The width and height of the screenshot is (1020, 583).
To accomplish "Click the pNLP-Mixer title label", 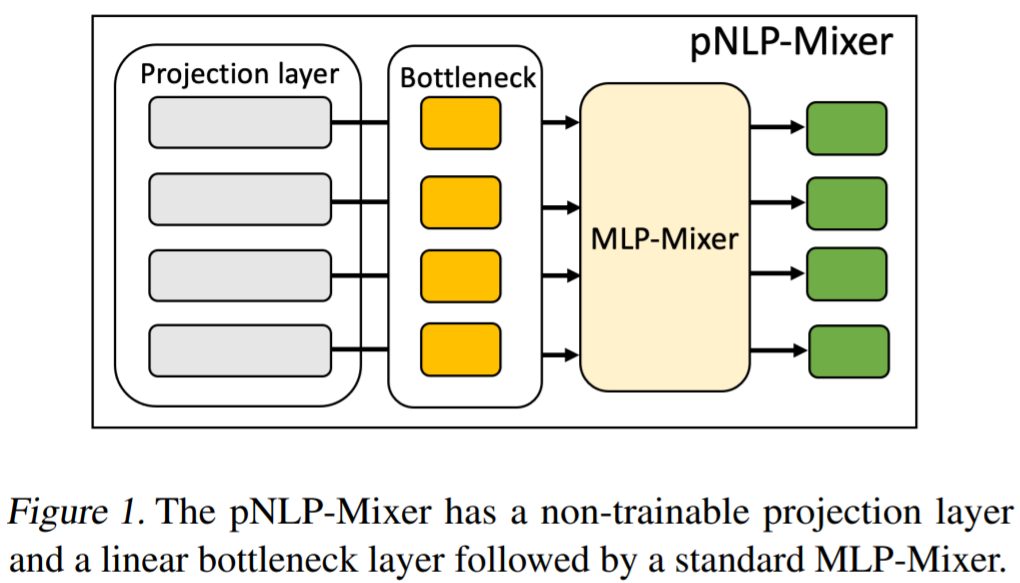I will [791, 44].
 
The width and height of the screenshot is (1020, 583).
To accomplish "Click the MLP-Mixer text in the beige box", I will [664, 238].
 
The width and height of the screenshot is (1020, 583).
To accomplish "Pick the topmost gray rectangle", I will [240, 122].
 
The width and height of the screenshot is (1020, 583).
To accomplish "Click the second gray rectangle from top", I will [240, 199].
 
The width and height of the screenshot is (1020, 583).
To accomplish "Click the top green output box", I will [846, 127].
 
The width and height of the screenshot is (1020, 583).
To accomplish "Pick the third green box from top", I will [846, 273].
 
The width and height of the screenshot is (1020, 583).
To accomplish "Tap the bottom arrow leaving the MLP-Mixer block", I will [778, 350].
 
